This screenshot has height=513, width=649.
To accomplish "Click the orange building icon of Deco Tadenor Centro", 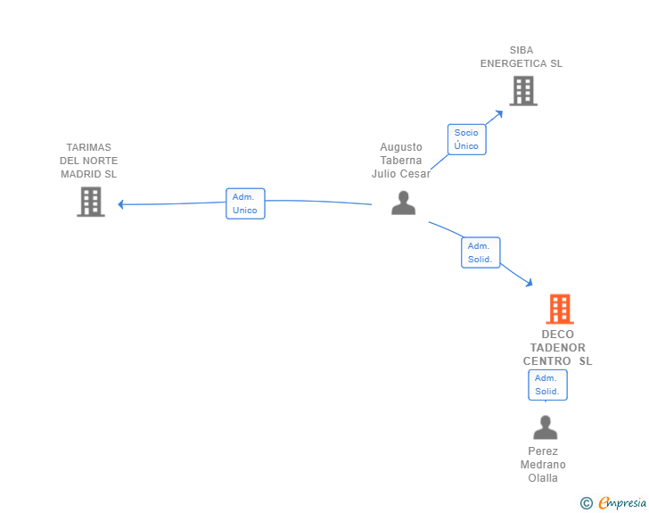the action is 560,309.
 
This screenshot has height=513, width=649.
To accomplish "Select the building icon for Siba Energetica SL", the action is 523,91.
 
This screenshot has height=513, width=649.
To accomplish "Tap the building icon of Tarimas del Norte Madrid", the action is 91,202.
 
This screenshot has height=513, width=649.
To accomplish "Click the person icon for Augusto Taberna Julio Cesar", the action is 403,203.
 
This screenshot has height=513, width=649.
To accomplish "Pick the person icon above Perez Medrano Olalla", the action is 545,427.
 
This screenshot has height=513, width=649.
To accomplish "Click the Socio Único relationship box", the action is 466,139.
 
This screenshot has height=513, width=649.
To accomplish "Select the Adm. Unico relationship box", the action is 245,203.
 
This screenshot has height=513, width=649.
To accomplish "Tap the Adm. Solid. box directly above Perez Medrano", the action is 547,385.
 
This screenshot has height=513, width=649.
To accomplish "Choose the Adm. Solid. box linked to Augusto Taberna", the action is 481,252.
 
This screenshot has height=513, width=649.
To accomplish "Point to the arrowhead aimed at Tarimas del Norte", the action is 120,204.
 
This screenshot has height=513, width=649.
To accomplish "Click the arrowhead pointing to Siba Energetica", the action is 499,113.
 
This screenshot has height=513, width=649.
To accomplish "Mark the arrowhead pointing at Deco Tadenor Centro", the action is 529,283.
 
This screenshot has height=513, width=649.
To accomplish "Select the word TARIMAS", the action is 88,147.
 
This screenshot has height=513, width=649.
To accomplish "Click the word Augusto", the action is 401,147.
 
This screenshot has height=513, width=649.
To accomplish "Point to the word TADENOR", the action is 558,348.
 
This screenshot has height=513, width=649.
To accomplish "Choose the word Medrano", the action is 543,465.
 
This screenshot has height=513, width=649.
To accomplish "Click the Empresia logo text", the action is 622,502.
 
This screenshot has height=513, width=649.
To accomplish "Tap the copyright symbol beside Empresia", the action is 587,503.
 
